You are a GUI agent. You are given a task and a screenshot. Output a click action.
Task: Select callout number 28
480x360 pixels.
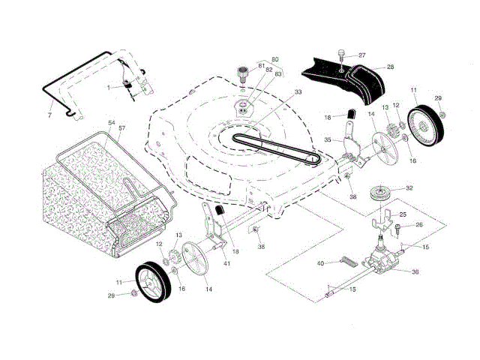(x=390, y=67)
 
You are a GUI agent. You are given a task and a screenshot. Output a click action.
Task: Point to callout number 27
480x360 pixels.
(x=361, y=55)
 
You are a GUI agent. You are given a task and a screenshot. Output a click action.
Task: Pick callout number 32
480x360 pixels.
(x=409, y=188)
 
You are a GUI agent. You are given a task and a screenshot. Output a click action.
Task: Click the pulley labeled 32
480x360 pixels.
(x=382, y=192)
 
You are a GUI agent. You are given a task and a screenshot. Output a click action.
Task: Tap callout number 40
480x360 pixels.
(x=319, y=263)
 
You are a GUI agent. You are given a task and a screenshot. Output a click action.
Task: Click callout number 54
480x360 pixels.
(x=112, y=122)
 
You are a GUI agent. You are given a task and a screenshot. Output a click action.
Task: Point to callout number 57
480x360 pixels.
(x=122, y=128)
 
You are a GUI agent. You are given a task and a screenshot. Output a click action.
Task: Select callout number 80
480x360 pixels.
(x=274, y=58)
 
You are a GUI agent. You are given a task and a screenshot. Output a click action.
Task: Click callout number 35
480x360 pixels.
(x=327, y=140)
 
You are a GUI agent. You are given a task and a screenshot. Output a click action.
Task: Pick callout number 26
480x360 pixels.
(x=418, y=224)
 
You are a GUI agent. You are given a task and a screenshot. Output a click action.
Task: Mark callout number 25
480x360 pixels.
(x=402, y=215)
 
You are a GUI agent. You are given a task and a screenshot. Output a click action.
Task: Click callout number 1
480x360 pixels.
(x=109, y=87)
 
